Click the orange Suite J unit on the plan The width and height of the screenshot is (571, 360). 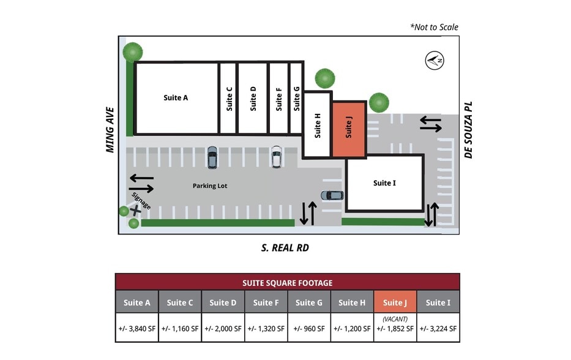(x=349, y=129)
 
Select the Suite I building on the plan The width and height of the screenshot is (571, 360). (x=384, y=183)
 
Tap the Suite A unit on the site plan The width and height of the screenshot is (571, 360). (x=176, y=98)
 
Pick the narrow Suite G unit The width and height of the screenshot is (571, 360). (x=296, y=98)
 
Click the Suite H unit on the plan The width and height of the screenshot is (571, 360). (x=318, y=125)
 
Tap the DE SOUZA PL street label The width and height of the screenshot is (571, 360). (x=469, y=130)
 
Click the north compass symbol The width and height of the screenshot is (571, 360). (x=435, y=60)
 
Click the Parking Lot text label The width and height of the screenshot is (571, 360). (x=210, y=186)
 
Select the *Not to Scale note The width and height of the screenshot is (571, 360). (x=434, y=27)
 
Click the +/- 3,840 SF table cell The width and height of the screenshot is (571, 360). (x=137, y=328)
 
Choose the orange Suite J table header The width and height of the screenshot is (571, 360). (x=395, y=302)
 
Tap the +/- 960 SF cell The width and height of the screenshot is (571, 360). (x=309, y=328)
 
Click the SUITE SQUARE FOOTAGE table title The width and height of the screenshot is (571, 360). (x=287, y=282)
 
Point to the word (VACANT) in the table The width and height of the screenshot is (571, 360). (x=395, y=319)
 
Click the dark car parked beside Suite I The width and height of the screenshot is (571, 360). (x=332, y=195)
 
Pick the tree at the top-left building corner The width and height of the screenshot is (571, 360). (x=133, y=52)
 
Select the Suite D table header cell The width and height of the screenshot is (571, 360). (x=223, y=302)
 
